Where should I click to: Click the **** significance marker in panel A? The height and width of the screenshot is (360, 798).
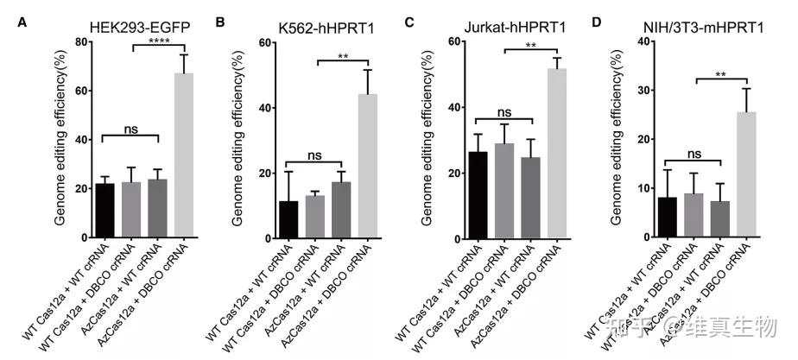point(158,40)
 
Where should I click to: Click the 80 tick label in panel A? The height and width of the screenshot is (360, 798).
point(81,41)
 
